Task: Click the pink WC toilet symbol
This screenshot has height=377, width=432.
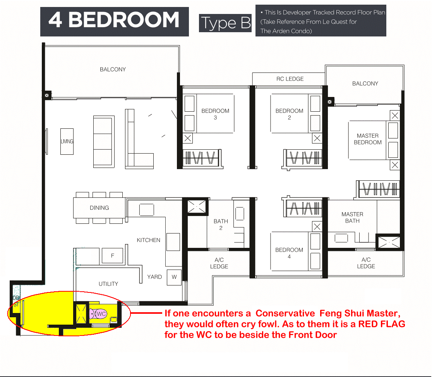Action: (98, 314)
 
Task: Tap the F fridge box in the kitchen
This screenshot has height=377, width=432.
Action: (112, 256)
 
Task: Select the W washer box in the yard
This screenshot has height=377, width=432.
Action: (174, 277)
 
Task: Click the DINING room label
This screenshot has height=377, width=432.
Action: (99, 208)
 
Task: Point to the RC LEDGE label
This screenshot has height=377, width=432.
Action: (290, 79)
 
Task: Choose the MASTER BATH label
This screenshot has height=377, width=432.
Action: (352, 218)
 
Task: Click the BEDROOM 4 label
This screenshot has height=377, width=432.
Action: (289, 253)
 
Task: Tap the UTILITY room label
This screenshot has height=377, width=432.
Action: (108, 284)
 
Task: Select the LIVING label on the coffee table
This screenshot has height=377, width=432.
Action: (67, 141)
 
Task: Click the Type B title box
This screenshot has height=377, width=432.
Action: (225, 23)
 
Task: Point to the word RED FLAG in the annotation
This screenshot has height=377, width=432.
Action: (382, 324)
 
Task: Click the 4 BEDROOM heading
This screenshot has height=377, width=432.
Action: (114, 20)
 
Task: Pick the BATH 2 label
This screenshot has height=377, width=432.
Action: (221, 225)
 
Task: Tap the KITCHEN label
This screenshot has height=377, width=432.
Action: (149, 240)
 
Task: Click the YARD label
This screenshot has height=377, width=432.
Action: (154, 277)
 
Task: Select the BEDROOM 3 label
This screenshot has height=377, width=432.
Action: (215, 114)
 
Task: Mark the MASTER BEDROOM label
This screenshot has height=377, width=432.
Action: (367, 139)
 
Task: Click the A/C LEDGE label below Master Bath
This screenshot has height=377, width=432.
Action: (366, 263)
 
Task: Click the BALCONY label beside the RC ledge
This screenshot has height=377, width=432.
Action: (365, 83)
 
